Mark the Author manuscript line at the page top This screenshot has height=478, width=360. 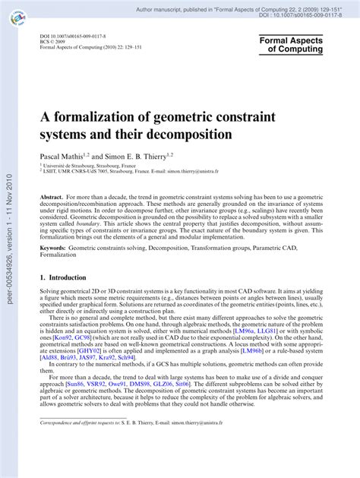228,5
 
